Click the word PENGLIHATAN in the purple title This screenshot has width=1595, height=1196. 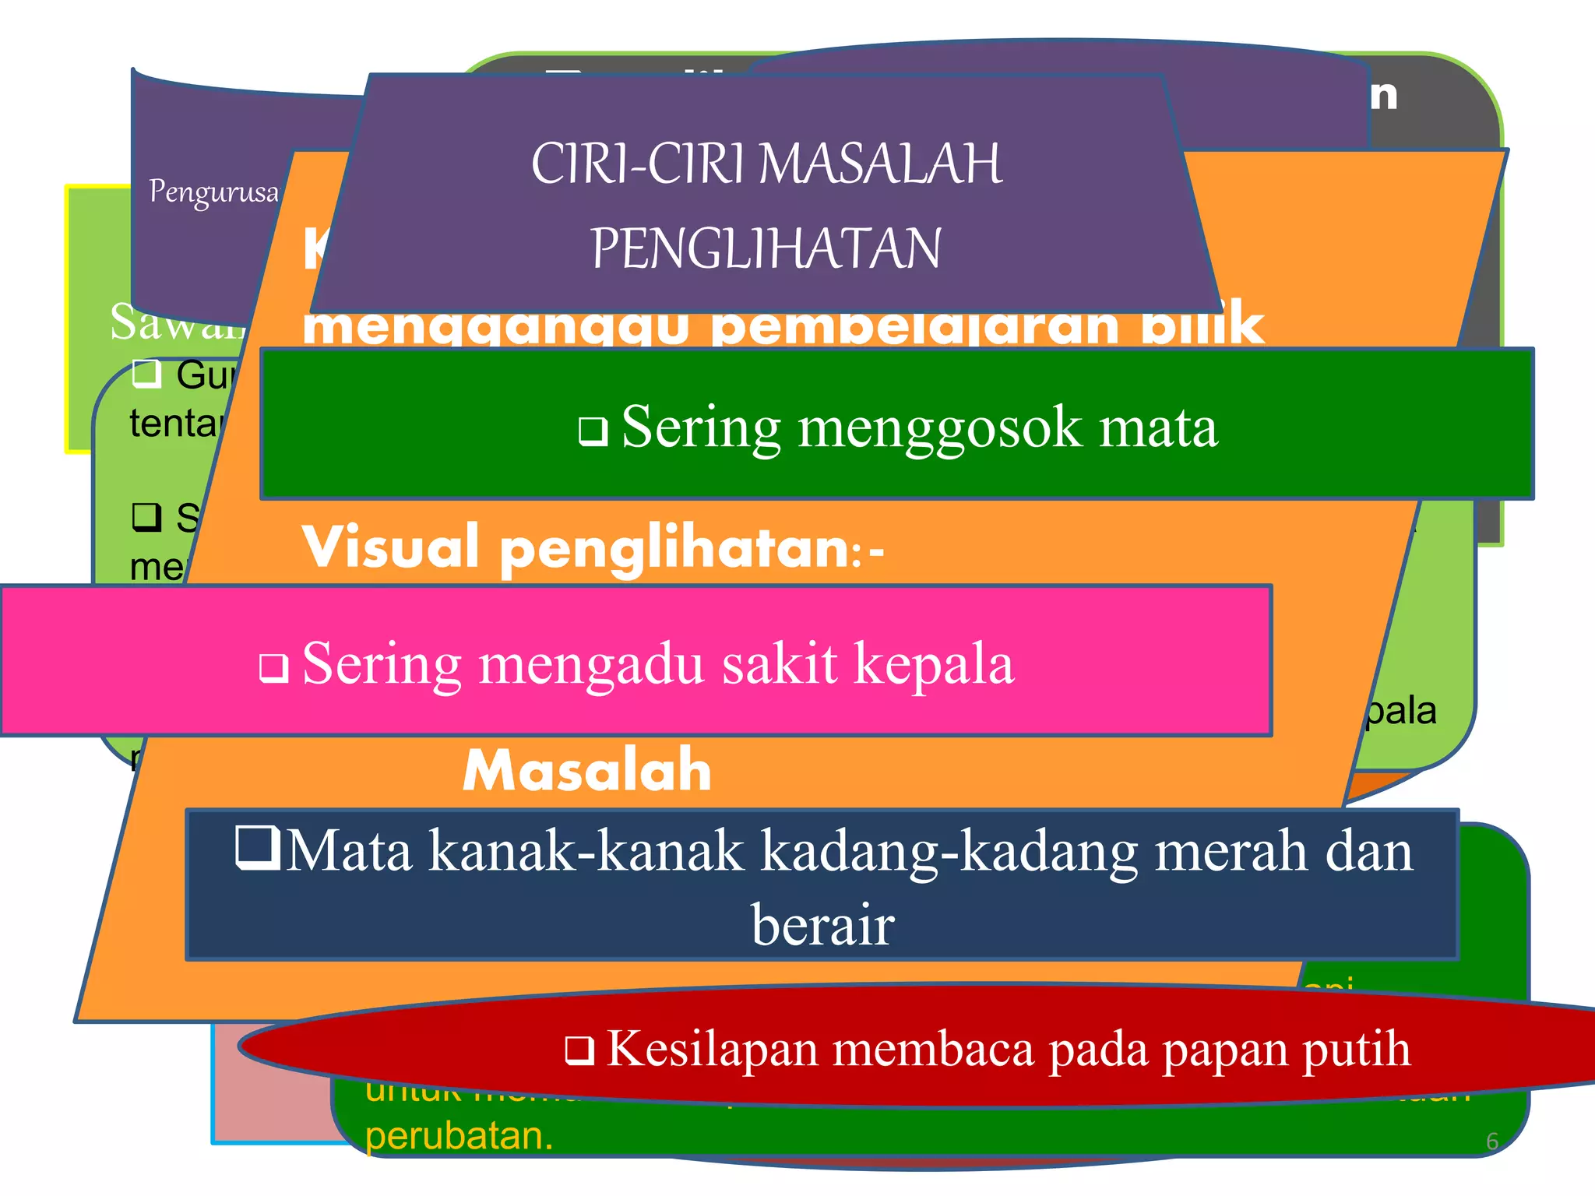(x=766, y=249)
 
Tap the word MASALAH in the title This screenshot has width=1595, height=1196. (x=881, y=164)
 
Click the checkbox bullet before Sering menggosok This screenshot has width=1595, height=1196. (x=593, y=431)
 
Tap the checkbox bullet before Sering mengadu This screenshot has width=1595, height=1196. (x=273, y=667)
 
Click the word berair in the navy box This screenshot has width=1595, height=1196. (x=822, y=925)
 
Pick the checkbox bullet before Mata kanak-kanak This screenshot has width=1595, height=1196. (x=258, y=848)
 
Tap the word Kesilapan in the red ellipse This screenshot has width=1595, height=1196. (x=712, y=1049)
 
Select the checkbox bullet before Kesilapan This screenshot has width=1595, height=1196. (x=579, y=1050)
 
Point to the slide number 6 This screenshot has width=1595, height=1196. (x=1491, y=1141)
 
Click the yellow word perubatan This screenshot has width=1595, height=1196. (x=459, y=1136)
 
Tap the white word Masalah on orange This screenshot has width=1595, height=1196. (x=587, y=770)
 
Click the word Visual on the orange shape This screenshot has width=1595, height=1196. (x=390, y=547)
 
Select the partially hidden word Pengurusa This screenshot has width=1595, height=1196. (x=213, y=192)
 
